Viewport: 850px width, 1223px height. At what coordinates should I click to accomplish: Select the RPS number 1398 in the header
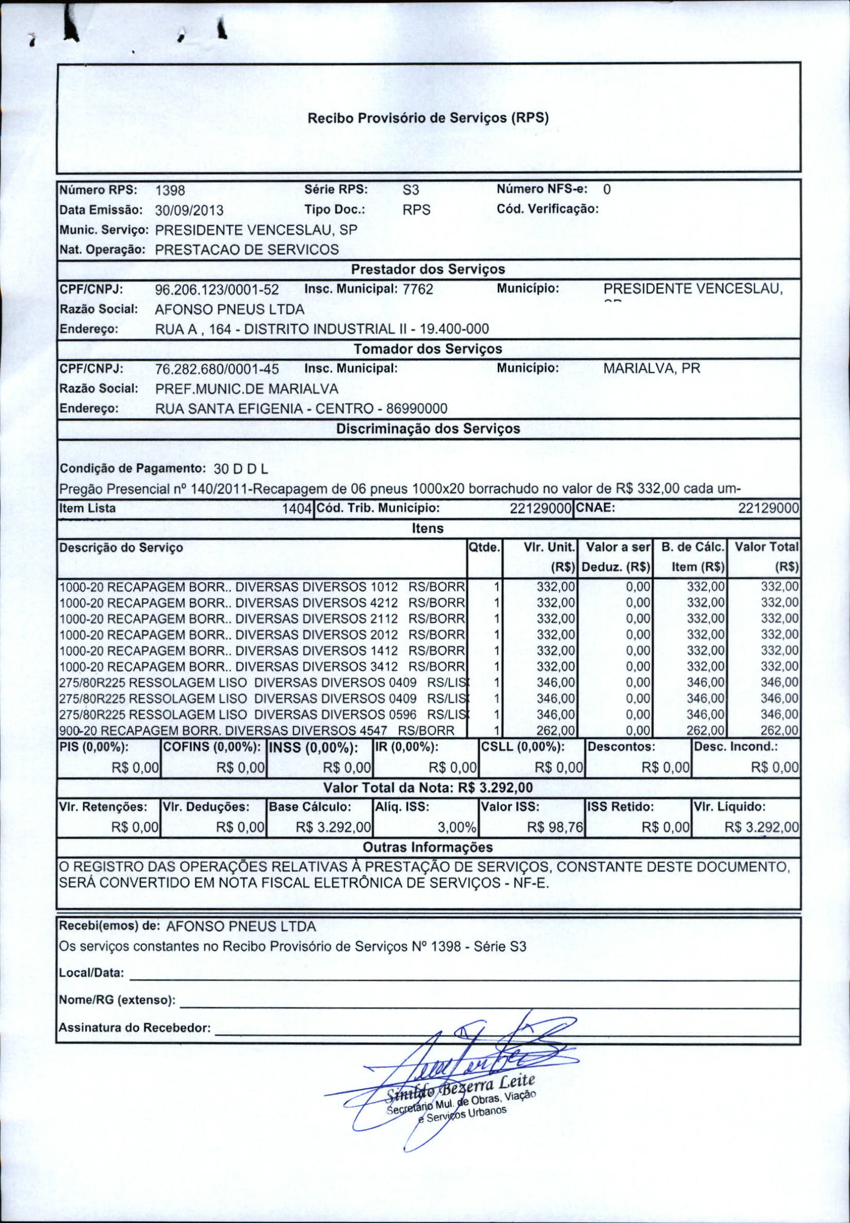(170, 190)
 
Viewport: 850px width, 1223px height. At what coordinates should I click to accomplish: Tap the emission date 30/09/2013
(189, 210)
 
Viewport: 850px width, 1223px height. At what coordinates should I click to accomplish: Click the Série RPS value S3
(412, 190)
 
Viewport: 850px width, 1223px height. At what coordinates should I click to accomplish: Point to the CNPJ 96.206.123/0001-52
(217, 290)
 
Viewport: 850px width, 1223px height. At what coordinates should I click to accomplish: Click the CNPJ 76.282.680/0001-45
(217, 369)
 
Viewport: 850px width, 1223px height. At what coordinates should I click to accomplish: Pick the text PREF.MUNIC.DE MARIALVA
(247, 389)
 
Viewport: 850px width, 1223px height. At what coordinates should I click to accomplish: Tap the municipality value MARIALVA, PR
(651, 369)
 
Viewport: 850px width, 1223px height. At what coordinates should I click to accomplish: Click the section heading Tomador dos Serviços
(428, 349)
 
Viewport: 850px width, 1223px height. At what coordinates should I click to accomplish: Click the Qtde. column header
(484, 547)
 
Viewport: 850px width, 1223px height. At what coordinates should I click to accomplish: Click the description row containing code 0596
(261, 714)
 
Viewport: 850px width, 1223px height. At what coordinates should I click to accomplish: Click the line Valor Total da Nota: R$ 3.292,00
(428, 788)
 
